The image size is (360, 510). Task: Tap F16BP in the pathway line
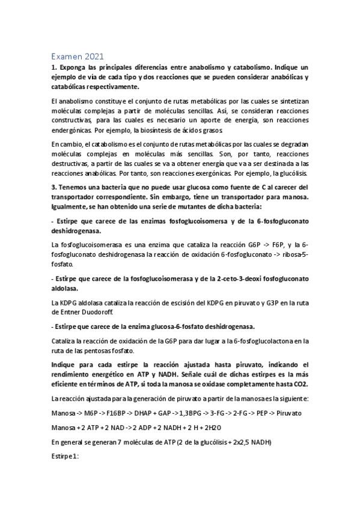pos(115,415)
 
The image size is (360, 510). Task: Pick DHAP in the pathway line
pos(145,415)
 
